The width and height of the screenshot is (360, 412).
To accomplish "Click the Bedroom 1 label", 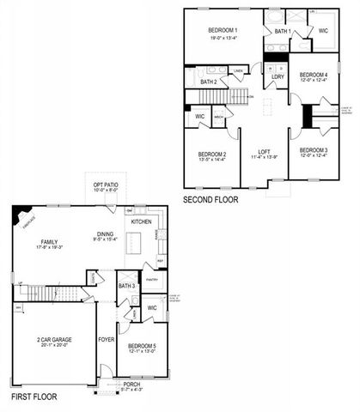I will [x=223, y=30].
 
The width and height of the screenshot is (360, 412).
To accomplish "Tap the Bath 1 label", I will [x=283, y=33].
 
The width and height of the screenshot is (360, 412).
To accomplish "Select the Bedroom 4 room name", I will [x=313, y=76].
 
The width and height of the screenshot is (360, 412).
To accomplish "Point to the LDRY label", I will [x=278, y=76].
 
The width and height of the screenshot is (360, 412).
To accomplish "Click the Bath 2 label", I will [x=209, y=82].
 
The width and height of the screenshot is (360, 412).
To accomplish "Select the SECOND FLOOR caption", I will [x=211, y=199].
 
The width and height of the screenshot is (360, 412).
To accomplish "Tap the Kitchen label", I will [x=141, y=221].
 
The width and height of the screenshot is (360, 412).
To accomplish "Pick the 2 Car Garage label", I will [x=53, y=340].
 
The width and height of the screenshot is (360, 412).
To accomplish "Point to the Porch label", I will [x=131, y=383].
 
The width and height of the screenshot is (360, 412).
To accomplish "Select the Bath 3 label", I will [x=126, y=286].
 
